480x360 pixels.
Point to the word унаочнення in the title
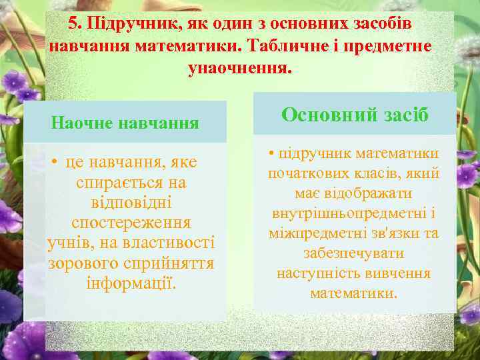(x=240, y=69)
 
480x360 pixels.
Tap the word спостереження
(x=131, y=223)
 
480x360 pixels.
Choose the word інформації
(x=131, y=283)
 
